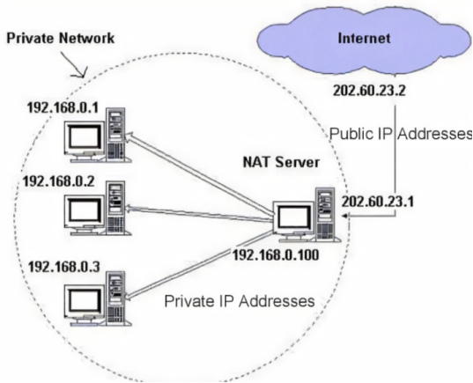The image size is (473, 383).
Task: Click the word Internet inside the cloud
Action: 364,39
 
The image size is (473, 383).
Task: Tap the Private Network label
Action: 60,39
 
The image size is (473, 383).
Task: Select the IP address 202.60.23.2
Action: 369,91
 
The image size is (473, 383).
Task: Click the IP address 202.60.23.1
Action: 377,202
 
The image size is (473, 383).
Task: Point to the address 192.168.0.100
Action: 276,255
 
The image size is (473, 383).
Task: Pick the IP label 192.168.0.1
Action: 63,107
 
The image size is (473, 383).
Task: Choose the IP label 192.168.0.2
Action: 58,181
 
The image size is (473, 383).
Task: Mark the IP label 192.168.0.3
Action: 63,267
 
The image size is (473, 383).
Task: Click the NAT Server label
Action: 281,162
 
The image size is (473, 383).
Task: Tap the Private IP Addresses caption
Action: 240,301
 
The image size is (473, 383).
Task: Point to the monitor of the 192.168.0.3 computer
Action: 85,305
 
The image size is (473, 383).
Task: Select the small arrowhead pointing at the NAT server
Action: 344,216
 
